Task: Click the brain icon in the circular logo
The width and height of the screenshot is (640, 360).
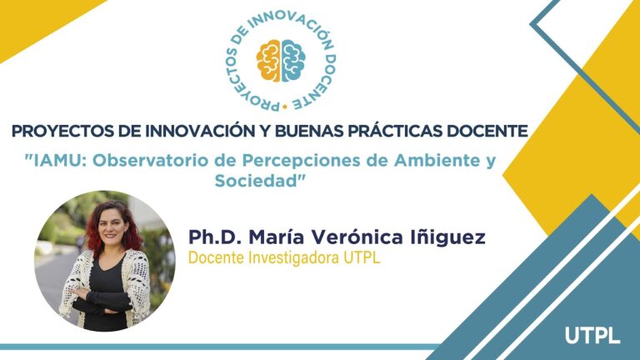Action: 281,61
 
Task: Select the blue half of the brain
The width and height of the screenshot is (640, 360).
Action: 292,61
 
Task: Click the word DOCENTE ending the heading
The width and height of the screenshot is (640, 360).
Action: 491,132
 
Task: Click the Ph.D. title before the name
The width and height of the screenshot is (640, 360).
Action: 212,237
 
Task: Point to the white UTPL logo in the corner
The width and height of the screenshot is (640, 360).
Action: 592,336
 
